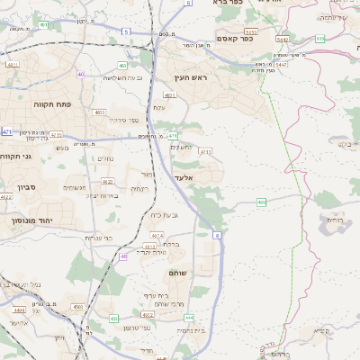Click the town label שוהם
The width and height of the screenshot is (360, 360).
pyautogui.click(x=176, y=273)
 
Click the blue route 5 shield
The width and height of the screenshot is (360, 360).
pyautogui.click(x=126, y=31)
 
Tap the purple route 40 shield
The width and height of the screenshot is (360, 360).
pyautogui.click(x=81, y=75)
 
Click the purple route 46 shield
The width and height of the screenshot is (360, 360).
pyautogui.click(x=123, y=256)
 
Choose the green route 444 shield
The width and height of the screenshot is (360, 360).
pyautogui.click(x=188, y=318)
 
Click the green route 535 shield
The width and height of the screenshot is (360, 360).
pyautogui.click(x=319, y=38)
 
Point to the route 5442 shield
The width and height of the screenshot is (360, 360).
pyautogui.click(x=283, y=40)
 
